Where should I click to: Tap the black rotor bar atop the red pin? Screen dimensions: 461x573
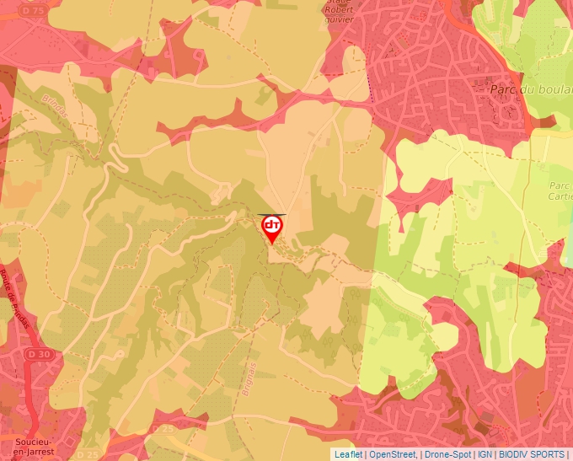[x=272, y=215]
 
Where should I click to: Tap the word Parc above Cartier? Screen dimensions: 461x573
[x=560, y=186]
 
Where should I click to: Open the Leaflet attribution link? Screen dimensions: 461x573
[x=348, y=454]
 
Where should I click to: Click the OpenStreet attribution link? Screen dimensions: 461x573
[x=393, y=454]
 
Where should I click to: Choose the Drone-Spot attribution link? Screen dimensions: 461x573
[x=447, y=454]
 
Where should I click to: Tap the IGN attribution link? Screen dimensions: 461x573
[x=485, y=454]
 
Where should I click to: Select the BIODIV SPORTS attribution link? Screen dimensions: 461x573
[x=532, y=454]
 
